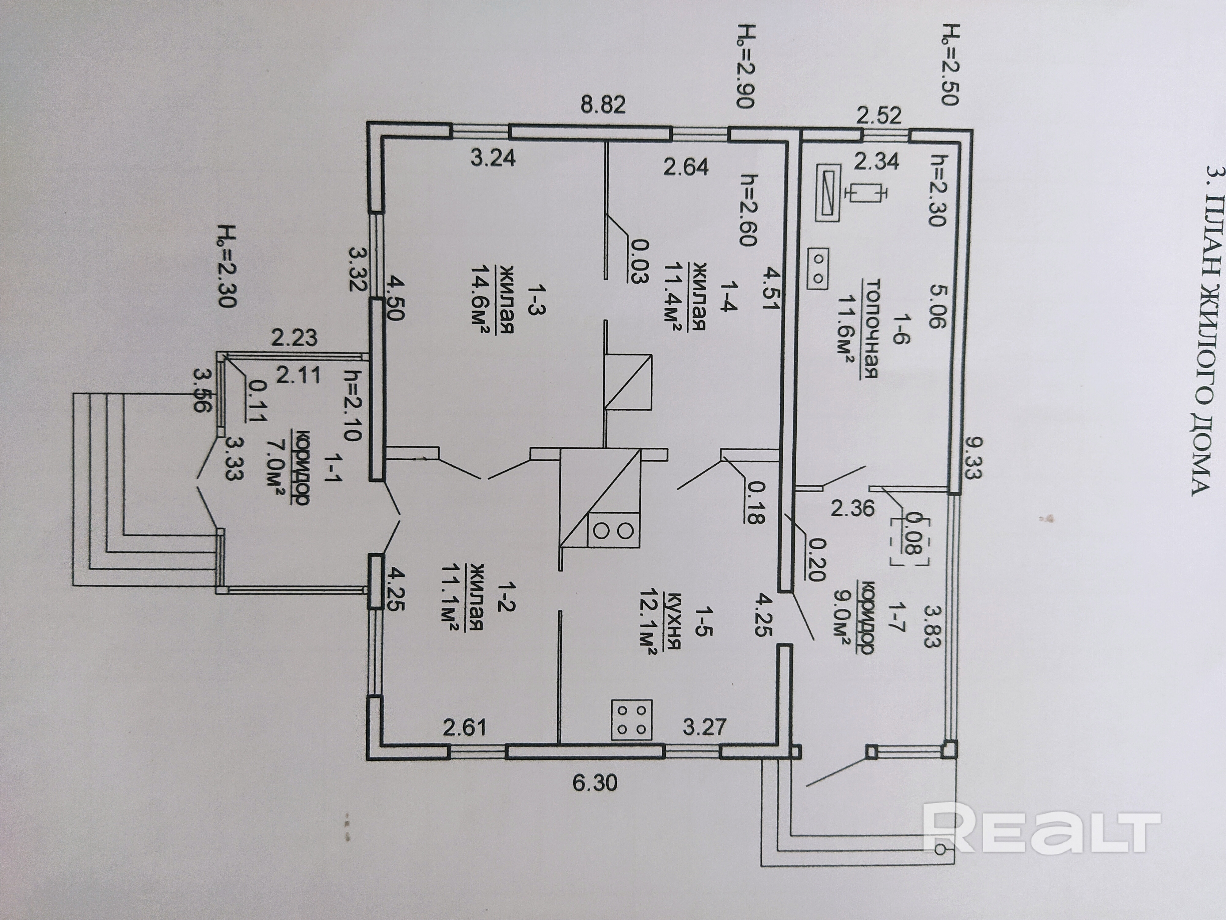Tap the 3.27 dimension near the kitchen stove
point(704,726)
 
